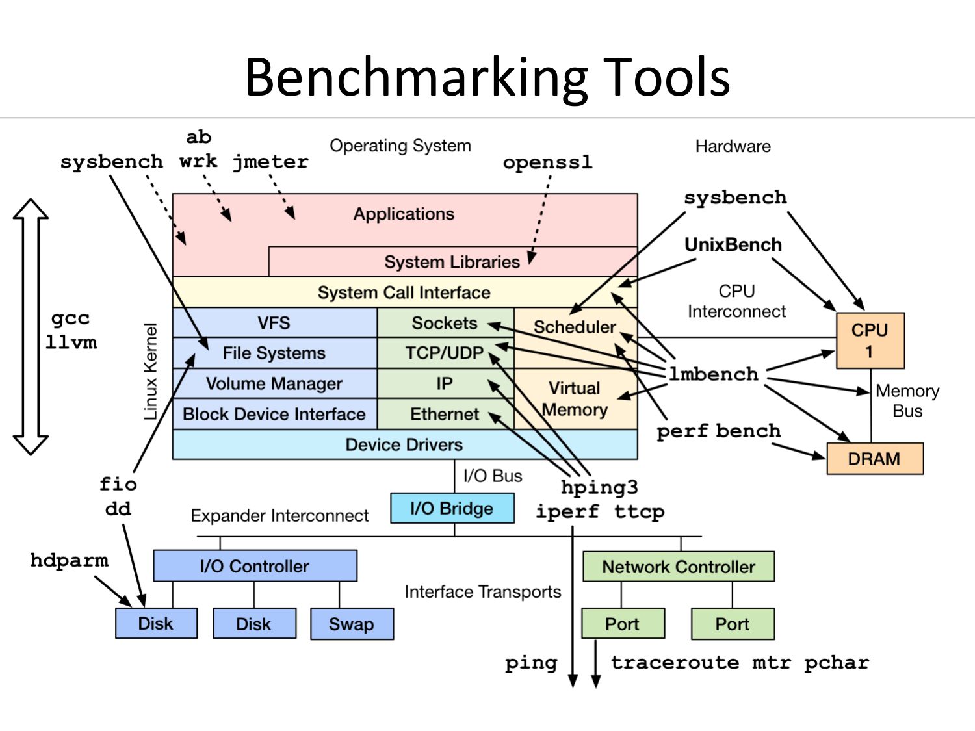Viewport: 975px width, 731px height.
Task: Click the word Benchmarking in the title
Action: point(416,77)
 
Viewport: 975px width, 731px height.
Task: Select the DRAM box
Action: point(874,459)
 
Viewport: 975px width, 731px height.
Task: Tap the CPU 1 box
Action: point(870,340)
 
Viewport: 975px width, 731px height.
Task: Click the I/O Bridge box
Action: point(452,508)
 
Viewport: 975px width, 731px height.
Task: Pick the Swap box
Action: point(352,624)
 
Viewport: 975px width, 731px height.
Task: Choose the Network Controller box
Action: point(678,567)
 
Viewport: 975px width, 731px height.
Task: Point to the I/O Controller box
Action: point(255,566)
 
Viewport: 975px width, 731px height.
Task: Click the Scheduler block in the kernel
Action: point(575,327)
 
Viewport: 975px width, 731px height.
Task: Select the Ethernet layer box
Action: point(445,414)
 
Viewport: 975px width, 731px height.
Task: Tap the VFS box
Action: point(274,323)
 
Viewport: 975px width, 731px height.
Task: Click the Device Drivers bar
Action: point(404,444)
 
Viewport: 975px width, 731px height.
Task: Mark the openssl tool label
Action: point(547,162)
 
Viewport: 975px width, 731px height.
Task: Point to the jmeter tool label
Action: point(270,161)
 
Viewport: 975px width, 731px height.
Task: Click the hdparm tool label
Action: point(70,560)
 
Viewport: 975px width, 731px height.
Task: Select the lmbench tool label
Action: point(714,374)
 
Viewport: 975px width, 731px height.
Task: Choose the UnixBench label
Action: point(733,245)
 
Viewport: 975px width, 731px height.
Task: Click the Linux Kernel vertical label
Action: point(151,372)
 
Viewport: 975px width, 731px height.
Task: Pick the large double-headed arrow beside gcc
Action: point(31,326)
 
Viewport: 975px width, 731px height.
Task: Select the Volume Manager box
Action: point(274,383)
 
